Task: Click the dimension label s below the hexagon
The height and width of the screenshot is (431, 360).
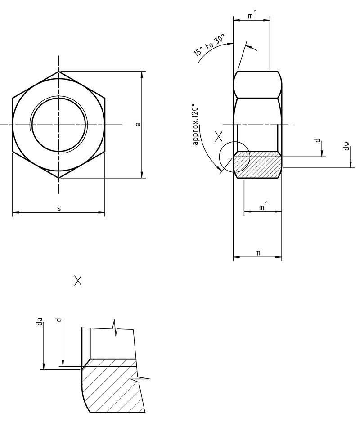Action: pos(59,208)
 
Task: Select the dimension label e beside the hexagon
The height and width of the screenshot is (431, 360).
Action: pos(138,124)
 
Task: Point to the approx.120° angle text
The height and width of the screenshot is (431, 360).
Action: pos(195,125)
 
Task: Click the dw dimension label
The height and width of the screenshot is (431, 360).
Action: pos(346,146)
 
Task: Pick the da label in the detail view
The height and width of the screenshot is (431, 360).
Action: pos(40,321)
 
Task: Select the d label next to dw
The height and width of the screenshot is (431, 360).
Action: pos(319,141)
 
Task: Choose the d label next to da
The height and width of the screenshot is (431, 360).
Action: pos(58,320)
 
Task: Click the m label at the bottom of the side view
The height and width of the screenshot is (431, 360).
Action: pos(257,253)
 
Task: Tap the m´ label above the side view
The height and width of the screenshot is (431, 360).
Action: pos(251,16)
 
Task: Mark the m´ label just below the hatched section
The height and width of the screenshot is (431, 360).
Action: pos(262,207)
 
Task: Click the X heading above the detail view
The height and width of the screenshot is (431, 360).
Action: pos(78,281)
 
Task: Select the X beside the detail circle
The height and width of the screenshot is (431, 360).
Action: pos(219,136)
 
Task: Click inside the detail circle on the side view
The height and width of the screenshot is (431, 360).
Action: pos(234,157)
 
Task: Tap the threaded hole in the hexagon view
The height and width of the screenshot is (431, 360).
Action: pos(58,124)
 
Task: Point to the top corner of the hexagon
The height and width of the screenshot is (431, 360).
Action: pos(58,71)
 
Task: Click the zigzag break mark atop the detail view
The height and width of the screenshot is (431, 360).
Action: pos(116,327)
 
